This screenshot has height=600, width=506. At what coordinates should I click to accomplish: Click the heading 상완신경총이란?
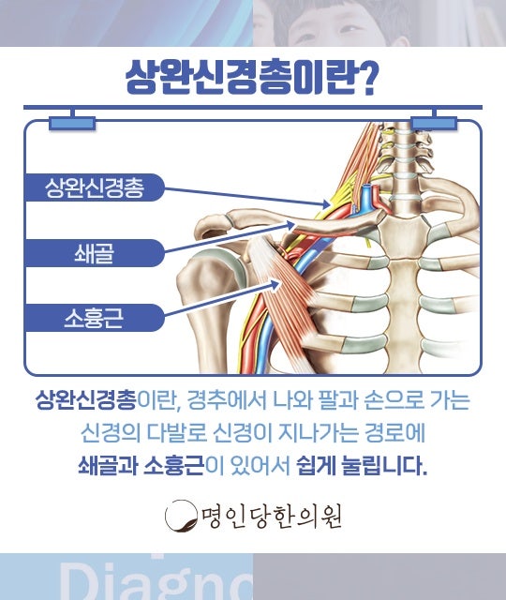pos(251,79)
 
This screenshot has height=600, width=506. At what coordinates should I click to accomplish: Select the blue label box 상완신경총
pos(95,187)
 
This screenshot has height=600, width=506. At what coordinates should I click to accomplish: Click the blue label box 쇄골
pos(95,253)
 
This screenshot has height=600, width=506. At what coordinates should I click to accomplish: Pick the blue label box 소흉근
pos(95,318)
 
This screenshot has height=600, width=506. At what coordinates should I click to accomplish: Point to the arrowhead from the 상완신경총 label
pos(325,204)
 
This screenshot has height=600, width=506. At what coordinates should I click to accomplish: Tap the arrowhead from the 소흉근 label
pos(277,283)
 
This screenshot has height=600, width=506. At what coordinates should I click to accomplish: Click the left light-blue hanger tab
pos(72,123)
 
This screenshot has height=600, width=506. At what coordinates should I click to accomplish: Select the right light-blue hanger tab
pos(434,123)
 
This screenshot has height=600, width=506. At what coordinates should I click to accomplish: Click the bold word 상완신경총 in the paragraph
pos(85,400)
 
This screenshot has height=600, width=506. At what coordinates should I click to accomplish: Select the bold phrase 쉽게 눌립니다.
pos(362,466)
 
